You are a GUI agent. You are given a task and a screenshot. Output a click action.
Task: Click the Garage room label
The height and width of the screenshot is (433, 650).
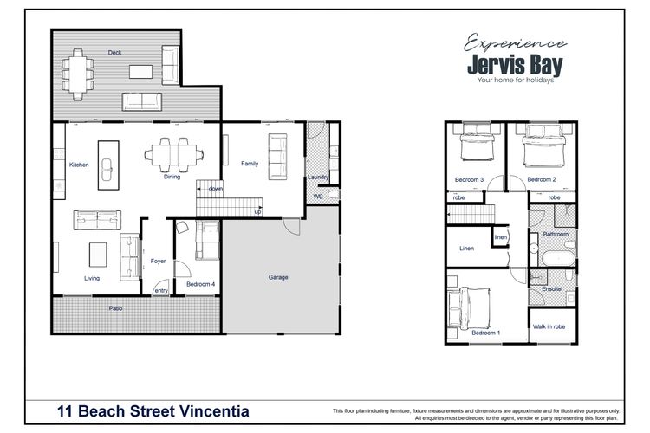(277, 277)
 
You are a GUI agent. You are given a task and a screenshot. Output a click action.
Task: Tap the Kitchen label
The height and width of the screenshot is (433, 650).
(79, 165)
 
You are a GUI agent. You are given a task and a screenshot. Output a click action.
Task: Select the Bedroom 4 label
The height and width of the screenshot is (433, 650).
(201, 284)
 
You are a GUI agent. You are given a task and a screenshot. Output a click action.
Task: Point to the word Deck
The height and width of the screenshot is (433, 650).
(114, 52)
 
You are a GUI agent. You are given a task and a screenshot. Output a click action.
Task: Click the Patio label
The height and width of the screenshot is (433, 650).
(115, 308)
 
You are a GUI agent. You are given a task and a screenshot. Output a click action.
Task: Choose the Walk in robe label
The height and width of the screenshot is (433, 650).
(549, 326)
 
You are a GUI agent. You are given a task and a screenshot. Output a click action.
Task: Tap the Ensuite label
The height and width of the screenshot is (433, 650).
(551, 288)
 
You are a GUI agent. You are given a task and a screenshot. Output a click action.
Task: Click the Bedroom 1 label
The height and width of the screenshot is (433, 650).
(486, 333)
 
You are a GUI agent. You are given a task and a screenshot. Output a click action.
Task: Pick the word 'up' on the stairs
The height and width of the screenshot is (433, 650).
(258, 211)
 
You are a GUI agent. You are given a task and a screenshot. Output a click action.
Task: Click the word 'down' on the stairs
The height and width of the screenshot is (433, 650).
(216, 189)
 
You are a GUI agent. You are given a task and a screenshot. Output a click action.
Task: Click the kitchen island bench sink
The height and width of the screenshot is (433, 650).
(107, 170)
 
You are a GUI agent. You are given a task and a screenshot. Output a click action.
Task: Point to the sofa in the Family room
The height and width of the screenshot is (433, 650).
(277, 157)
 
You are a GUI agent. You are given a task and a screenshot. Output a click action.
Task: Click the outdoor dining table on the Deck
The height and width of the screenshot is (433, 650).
(78, 74)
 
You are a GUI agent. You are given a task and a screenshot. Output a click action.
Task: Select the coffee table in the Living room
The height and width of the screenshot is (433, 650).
(98, 255)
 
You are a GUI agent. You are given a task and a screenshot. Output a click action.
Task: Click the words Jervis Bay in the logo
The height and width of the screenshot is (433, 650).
(516, 65)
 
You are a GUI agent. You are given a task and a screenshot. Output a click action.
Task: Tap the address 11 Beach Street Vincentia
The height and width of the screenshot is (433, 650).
(153, 411)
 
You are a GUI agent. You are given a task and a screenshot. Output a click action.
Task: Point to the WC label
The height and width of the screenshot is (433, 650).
(318, 197)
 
